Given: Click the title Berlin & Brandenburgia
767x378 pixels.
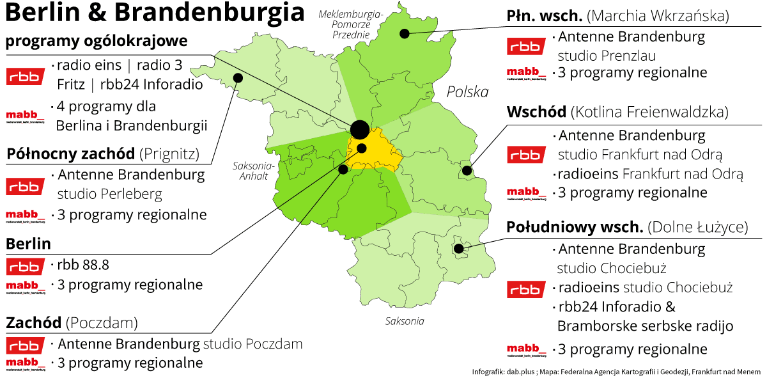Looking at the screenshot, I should (x=155, y=13).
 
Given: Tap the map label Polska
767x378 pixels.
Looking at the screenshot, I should (x=467, y=91).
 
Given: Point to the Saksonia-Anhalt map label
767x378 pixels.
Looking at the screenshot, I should (x=252, y=171).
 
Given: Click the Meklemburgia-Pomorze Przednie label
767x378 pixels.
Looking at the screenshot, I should (x=350, y=24).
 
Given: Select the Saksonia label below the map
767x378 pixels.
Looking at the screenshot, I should (x=404, y=321).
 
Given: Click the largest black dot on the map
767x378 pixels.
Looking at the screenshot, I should (x=359, y=129).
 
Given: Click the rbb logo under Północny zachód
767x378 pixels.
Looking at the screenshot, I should (x=26, y=186).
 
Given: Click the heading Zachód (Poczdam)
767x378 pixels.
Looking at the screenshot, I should (x=72, y=323).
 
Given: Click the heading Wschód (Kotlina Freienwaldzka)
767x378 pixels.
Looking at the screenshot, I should (x=617, y=113).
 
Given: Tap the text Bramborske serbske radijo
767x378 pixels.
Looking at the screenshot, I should (x=645, y=326).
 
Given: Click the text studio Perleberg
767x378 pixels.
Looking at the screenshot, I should (x=109, y=193).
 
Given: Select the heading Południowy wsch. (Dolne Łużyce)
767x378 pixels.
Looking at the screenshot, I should (x=626, y=227).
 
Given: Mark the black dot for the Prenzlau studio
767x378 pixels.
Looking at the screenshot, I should (x=404, y=33).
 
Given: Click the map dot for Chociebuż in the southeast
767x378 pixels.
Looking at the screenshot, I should (x=458, y=248).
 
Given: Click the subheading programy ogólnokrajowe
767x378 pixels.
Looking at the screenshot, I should (x=97, y=42).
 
